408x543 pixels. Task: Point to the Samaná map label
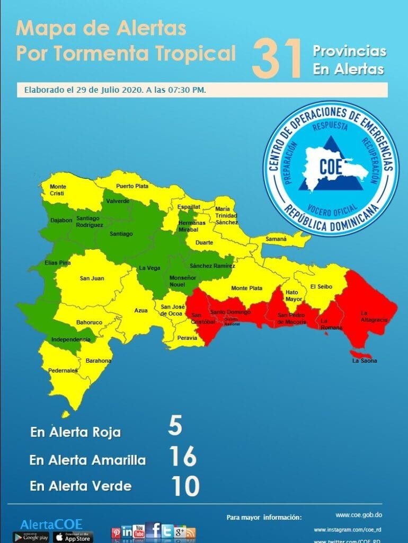(x=276, y=239)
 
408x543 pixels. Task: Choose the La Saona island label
(x=365, y=361)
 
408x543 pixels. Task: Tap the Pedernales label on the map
(x=63, y=371)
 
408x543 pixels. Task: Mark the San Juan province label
(x=92, y=278)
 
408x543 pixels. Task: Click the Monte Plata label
(x=246, y=288)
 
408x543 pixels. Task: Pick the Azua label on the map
(x=140, y=311)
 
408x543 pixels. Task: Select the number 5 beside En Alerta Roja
(x=175, y=426)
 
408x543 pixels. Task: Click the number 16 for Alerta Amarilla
(x=183, y=456)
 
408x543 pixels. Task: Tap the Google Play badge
(x=31, y=537)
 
